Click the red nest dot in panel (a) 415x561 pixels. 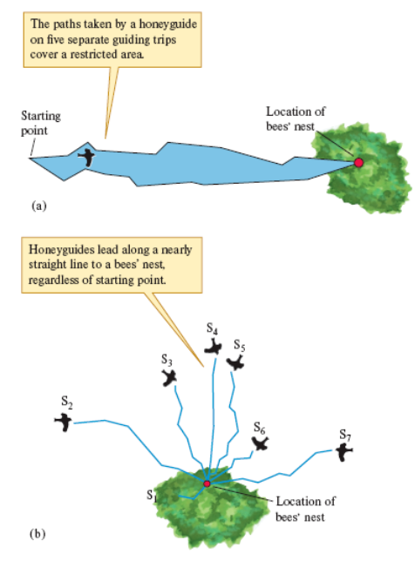click(357, 162)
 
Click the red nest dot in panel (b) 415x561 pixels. click(207, 483)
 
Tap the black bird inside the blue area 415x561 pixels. click(87, 157)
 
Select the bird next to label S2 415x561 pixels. click(64, 422)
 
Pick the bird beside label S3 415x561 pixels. click(170, 377)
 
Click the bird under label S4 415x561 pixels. click(213, 347)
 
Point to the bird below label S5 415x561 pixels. click(235, 361)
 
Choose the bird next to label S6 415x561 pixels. click(260, 443)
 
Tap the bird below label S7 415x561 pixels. click(345, 451)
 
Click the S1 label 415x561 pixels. click(153, 497)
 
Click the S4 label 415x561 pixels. click(212, 328)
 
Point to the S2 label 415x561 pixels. click(67, 403)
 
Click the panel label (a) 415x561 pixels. click(37, 206)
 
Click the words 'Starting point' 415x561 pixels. click(40, 122)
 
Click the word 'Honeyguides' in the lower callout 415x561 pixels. click(64, 248)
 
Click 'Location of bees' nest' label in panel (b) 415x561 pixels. click(304, 510)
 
